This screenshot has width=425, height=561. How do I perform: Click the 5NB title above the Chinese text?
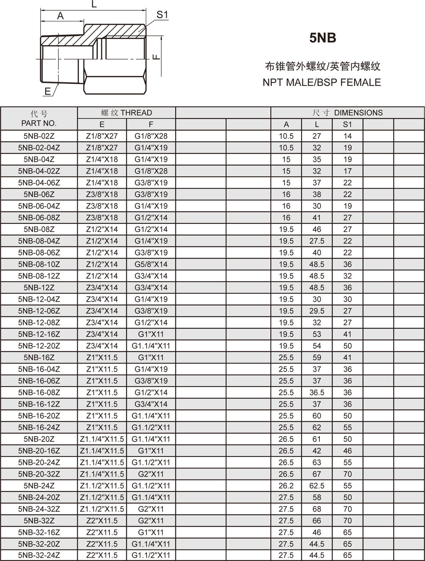[322, 38]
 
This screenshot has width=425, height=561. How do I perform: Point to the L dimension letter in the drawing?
[94, 5]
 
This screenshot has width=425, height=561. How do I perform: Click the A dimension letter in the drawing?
[61, 16]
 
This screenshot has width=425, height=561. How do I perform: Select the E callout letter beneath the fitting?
[48, 92]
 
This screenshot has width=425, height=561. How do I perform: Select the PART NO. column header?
[39, 123]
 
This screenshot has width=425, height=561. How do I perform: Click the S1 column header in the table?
[347, 125]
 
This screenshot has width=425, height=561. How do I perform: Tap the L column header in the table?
[317, 125]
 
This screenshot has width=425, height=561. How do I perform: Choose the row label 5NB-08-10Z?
[39, 264]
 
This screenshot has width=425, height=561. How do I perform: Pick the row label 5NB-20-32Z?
[39, 474]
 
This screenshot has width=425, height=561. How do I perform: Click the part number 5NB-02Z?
[39, 136]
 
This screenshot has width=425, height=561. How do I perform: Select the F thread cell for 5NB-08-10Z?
[151, 264]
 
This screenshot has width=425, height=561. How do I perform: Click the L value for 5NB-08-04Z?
[317, 241]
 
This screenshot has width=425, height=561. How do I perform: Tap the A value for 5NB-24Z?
[286, 486]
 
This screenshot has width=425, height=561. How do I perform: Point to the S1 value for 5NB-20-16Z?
[347, 451]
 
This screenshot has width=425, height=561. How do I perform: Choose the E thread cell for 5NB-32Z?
[102, 521]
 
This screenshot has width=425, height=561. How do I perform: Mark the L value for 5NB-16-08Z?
[317, 393]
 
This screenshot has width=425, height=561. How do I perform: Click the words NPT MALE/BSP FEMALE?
[322, 82]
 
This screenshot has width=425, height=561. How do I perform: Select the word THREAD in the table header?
[136, 113]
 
